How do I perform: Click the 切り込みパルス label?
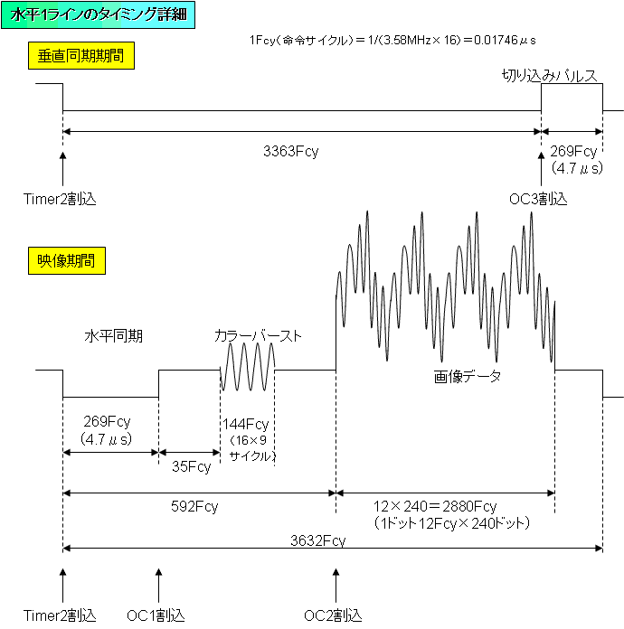click(550, 77)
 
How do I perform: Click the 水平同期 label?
click(114, 336)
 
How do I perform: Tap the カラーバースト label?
click(257, 336)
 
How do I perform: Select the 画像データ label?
click(467, 375)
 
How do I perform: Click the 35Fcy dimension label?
click(191, 466)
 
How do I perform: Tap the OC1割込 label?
click(156, 615)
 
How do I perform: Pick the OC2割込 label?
click(333, 615)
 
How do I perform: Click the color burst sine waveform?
click(247, 369)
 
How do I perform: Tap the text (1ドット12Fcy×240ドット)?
click(450, 523)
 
